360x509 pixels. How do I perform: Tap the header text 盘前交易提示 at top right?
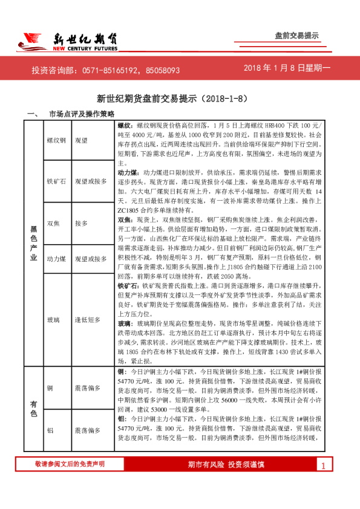point(296,36)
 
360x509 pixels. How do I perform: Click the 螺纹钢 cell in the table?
point(56,140)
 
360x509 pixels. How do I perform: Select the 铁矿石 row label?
point(56,181)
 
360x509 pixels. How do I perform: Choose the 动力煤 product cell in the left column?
point(56,259)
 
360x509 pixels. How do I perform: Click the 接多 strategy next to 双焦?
point(80,222)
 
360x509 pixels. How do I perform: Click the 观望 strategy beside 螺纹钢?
point(80,140)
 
